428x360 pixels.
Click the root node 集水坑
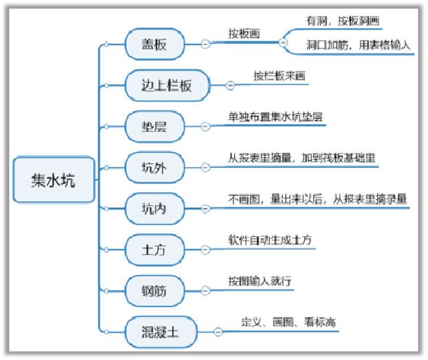[53, 179]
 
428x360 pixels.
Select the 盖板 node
[154, 44]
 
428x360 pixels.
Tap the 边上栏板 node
[167, 85]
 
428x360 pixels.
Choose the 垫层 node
[154, 126]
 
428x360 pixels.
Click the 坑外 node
[154, 167]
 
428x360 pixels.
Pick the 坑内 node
[154, 209]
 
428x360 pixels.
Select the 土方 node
[154, 250]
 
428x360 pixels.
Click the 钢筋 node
[154, 291]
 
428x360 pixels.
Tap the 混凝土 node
[161, 332]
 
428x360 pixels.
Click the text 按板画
[244, 34]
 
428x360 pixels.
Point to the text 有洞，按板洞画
[342, 21]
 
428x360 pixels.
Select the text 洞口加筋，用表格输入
[358, 45]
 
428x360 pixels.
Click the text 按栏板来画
[280, 76]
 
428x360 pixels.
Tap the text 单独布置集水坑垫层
[276, 117]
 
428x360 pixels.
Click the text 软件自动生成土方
[270, 240]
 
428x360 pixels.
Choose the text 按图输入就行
[260, 281]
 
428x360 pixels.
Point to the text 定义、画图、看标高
[288, 322]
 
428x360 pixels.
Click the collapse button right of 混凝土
[218, 332]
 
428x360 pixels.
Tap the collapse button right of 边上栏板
[230, 86]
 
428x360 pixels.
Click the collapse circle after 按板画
[283, 43]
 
